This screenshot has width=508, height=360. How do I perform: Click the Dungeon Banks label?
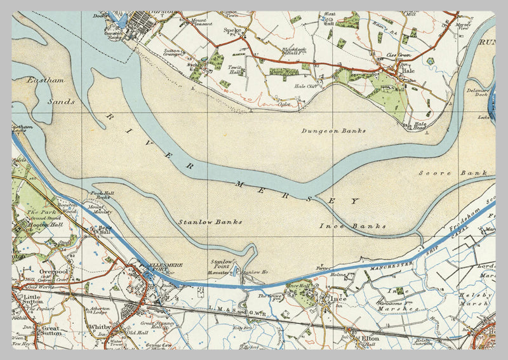(333, 131)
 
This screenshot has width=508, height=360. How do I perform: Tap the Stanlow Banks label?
(201, 222)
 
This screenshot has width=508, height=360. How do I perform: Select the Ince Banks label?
(353, 226)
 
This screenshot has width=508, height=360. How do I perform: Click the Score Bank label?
(453, 173)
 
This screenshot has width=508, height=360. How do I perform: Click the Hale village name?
(408, 70)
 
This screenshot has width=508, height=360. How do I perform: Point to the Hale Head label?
(420, 126)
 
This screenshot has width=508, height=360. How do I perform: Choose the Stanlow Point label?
(222, 264)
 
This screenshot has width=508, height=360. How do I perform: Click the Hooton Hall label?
(36, 225)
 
